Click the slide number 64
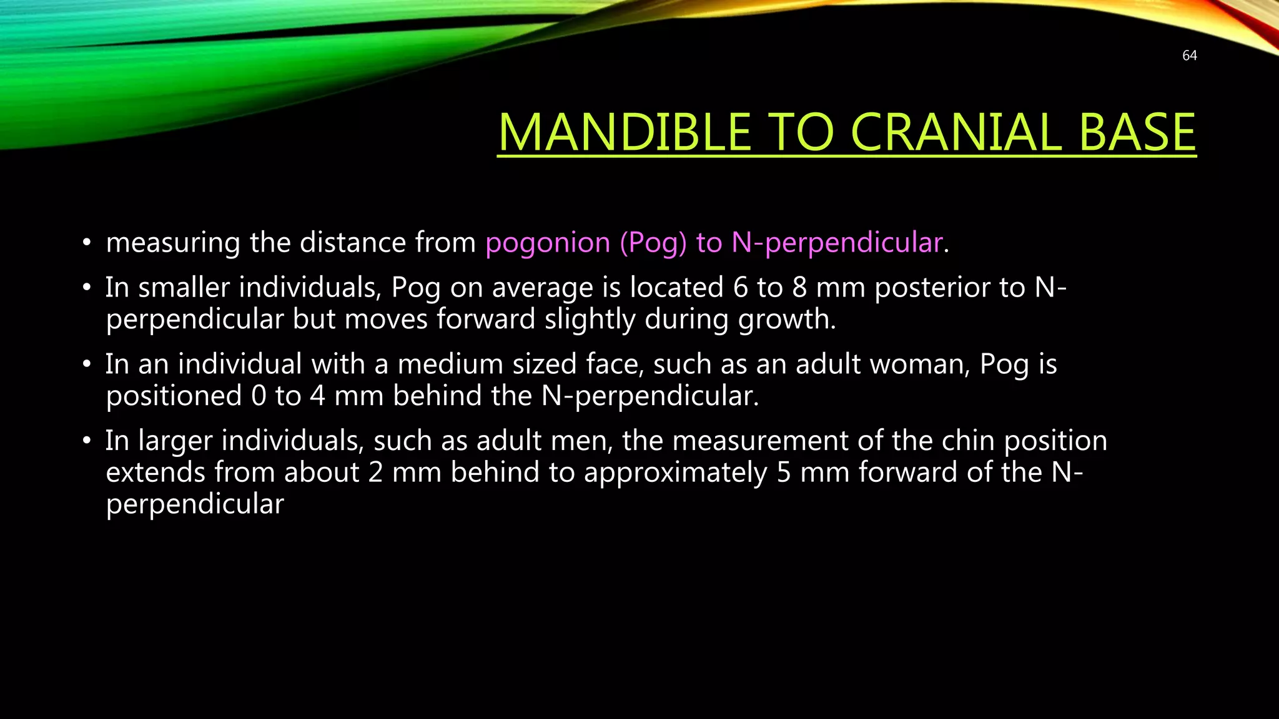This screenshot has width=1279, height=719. click(x=1189, y=56)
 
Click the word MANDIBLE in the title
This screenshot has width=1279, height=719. click(x=624, y=132)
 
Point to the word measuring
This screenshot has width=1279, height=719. click(x=173, y=243)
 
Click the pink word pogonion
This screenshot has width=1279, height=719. click(x=548, y=243)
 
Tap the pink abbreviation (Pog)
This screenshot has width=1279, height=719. click(x=653, y=243)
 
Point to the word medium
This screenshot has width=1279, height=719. click(x=450, y=364)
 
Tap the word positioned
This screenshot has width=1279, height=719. click(x=174, y=396)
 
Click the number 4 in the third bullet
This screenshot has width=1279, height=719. click(x=317, y=396)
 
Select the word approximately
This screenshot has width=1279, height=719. click(x=675, y=473)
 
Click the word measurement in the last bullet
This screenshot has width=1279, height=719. click(x=759, y=441)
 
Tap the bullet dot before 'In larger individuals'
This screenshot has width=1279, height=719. click(x=87, y=441)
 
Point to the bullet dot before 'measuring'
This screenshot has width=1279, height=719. click(x=87, y=243)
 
